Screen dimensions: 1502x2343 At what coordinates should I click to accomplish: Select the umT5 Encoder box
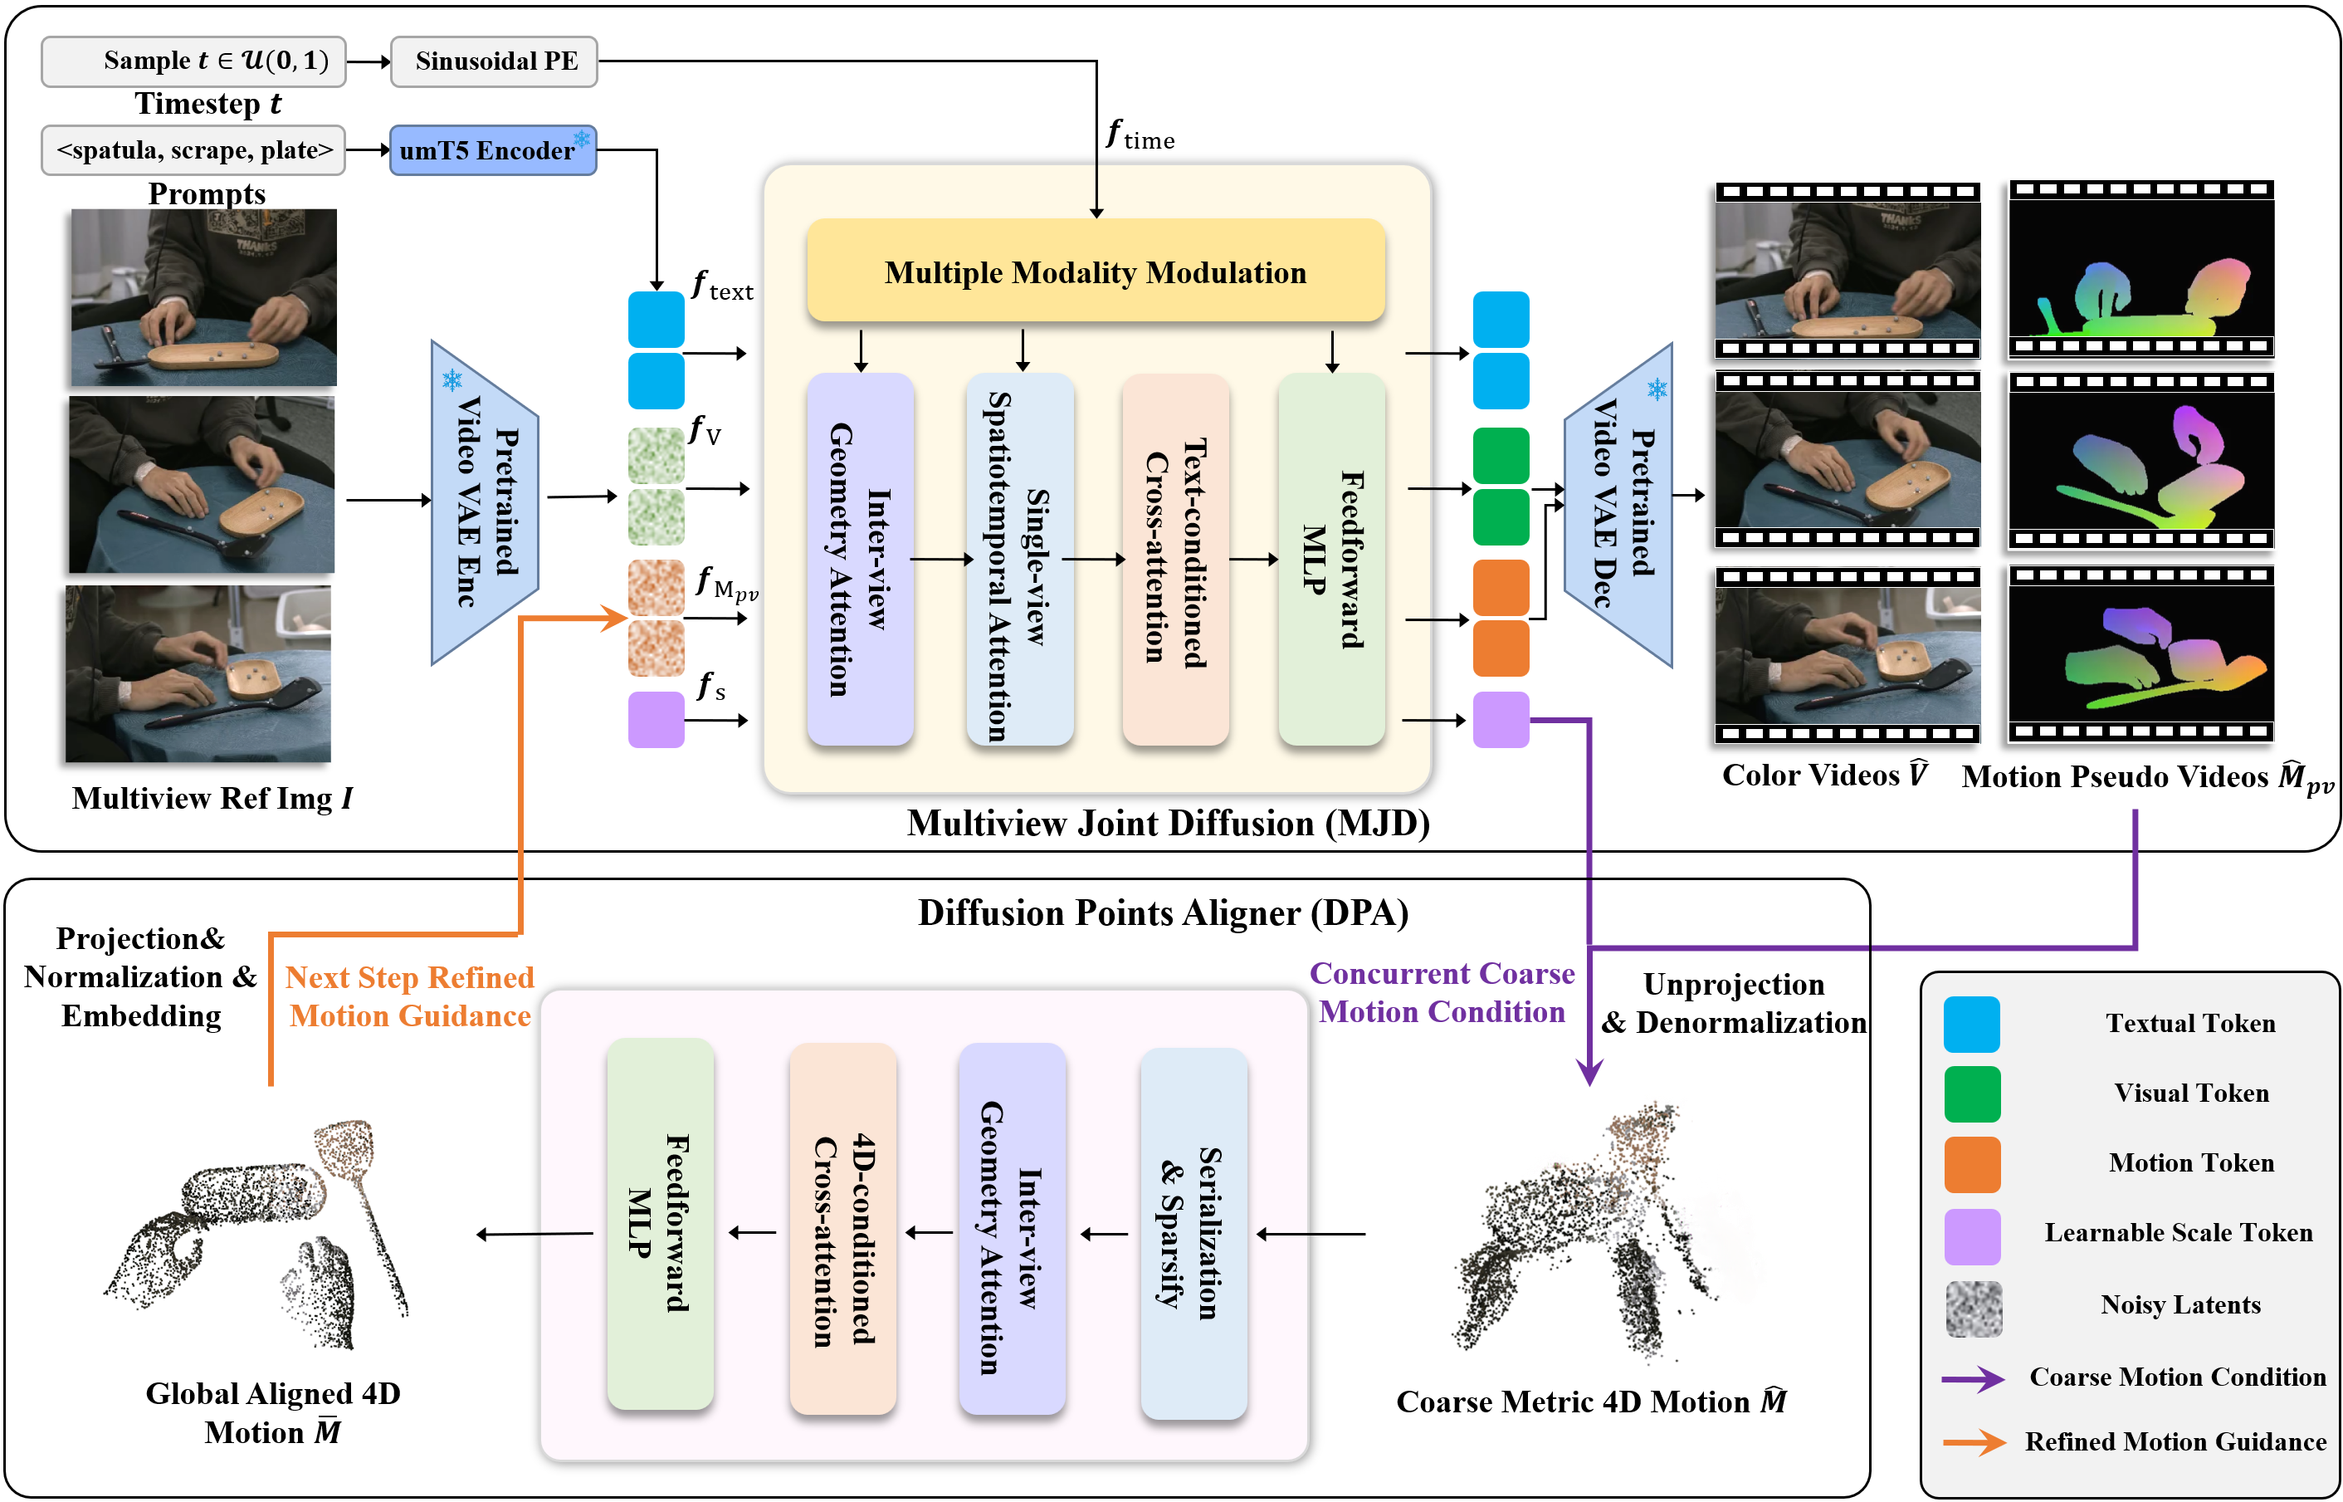pyautogui.click(x=492, y=150)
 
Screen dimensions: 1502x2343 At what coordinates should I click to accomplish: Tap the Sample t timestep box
pyautogui.click(x=193, y=61)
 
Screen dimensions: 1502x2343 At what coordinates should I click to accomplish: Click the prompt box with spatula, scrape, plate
pyautogui.click(x=193, y=150)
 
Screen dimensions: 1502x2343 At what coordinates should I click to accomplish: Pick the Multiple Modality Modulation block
pyautogui.click(x=1095, y=272)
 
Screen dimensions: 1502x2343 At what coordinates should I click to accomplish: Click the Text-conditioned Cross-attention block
pyautogui.click(x=1175, y=558)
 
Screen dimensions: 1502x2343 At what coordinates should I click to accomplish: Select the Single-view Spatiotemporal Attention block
pyautogui.click(x=1019, y=558)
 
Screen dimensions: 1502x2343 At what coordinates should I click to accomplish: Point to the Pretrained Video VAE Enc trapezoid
pyautogui.click(x=485, y=503)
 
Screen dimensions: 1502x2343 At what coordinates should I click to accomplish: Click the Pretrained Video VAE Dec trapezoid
pyautogui.click(x=1618, y=505)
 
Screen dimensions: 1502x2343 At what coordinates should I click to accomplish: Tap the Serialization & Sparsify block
pyautogui.click(x=1193, y=1233)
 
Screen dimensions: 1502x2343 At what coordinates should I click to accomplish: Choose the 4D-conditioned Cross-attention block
pyautogui.click(x=842, y=1229)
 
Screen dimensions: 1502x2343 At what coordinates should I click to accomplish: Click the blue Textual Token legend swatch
pyautogui.click(x=1970, y=1024)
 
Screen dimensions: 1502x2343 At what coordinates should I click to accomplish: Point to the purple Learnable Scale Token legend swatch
pyautogui.click(x=1971, y=1235)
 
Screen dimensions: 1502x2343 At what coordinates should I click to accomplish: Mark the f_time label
pyautogui.click(x=1140, y=135)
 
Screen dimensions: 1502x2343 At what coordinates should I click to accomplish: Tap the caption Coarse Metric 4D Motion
pyautogui.click(x=1591, y=1402)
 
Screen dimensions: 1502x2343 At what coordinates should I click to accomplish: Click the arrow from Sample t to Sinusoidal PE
pyautogui.click(x=368, y=61)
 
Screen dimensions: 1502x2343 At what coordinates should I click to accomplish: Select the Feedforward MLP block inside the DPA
pyautogui.click(x=660, y=1223)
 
